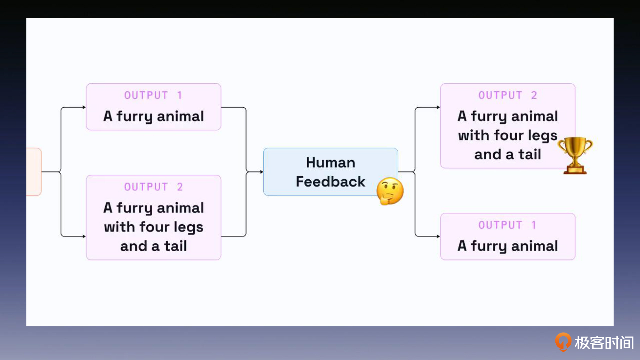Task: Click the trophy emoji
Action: pos(575,155)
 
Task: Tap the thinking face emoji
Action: pos(390,191)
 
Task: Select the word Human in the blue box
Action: pos(330,163)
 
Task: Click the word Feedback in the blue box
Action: pos(330,181)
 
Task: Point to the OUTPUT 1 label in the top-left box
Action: pos(153,95)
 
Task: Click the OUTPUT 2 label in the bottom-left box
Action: pos(153,187)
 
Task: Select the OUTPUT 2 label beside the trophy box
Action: pos(507,95)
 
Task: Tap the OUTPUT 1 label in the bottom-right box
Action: pos(507,225)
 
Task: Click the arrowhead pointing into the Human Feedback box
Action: pos(262,172)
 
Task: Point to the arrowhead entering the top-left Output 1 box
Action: pos(84,107)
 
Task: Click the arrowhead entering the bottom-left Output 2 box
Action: pos(84,236)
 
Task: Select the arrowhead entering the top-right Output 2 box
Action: pos(438,107)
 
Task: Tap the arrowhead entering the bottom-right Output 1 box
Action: pos(438,236)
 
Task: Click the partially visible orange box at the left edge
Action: pos(34,172)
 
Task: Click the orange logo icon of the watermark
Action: pos(563,342)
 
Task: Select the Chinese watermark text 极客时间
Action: pos(604,343)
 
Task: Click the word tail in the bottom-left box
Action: pos(176,246)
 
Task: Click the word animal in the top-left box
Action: pos(180,116)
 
